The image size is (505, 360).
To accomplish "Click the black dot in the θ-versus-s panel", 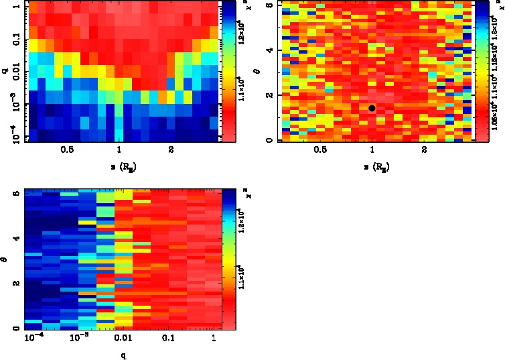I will coord(372,108).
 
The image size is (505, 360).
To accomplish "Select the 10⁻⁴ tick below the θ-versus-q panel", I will coord(33,340).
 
